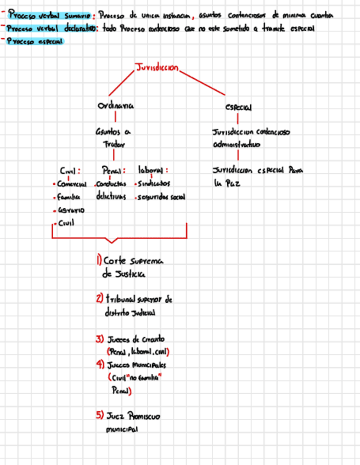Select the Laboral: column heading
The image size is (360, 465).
point(153,171)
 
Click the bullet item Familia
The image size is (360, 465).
point(67,196)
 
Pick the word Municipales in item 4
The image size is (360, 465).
point(149,365)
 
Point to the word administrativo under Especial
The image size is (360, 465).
point(237,145)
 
